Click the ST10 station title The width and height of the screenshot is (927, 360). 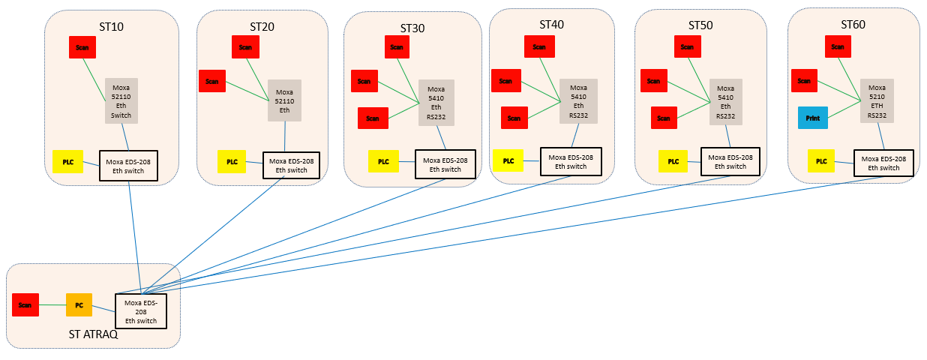pos(111,27)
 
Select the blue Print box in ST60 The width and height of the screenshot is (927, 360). pos(812,118)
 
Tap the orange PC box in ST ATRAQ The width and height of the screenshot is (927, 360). pos(79,304)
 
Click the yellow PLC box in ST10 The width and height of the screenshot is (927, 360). pos(67,162)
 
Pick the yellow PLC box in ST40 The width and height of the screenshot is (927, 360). pos(508,160)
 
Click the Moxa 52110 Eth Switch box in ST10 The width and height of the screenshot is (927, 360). pos(121,100)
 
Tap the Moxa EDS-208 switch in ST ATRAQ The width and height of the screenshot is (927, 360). pos(140,311)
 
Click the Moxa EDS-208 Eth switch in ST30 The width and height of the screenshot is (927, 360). pos(445,164)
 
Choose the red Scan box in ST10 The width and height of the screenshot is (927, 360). pos(83,47)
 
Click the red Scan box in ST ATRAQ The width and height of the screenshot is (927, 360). pos(25,305)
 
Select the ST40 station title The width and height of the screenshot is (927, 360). pos(551,25)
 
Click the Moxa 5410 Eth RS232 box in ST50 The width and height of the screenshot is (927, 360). pos(725,101)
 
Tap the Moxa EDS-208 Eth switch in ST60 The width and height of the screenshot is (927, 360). pos(883,163)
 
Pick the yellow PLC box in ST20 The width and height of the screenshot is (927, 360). pos(232,161)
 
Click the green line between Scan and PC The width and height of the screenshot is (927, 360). pos(52,305)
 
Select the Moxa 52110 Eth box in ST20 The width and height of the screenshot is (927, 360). pos(284,100)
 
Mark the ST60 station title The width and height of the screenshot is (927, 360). pos(853,25)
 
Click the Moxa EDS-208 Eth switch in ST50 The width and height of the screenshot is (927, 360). pos(730,161)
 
